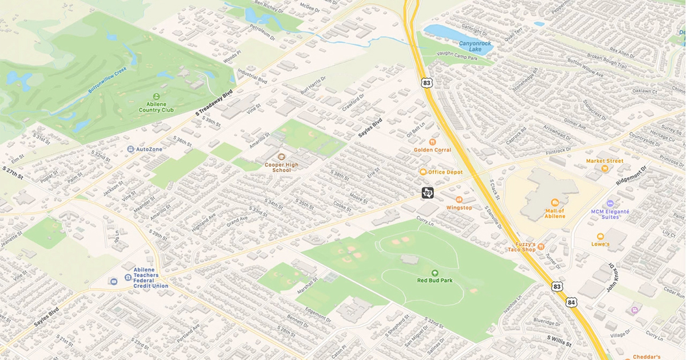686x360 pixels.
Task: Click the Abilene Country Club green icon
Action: point(157,96)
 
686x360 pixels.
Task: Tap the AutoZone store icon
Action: point(131,149)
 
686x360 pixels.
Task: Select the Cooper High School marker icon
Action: point(281,156)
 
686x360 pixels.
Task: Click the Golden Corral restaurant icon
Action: point(432,141)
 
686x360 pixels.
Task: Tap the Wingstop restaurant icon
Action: point(459,199)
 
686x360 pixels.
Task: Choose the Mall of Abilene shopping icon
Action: point(554,202)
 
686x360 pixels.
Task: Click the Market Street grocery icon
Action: point(604,169)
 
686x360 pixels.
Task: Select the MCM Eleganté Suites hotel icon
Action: point(610,203)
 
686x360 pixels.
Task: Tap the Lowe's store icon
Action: point(600,236)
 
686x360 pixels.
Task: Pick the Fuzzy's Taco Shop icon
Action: point(541,246)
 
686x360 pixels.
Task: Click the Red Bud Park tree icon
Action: point(434,273)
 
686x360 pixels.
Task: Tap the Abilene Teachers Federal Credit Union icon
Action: point(113,281)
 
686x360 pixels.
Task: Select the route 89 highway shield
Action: point(428,193)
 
